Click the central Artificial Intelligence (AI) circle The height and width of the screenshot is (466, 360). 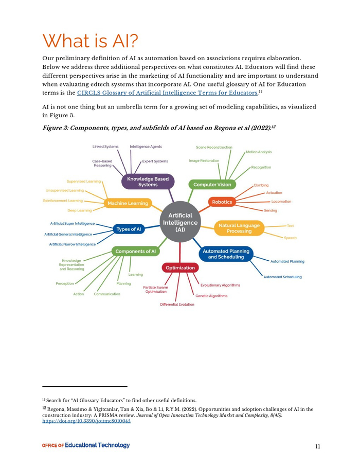point(180,222)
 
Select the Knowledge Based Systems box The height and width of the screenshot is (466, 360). point(148,182)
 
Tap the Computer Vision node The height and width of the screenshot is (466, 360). point(212,184)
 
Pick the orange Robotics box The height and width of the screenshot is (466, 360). point(222,202)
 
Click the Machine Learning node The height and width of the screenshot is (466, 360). point(127,204)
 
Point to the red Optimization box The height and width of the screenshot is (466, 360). point(180,267)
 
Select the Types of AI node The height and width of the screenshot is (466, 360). point(129,229)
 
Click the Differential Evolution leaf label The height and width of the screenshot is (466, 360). point(177,304)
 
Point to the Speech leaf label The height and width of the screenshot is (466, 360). point(290,238)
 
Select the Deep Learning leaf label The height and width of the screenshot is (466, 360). point(79,210)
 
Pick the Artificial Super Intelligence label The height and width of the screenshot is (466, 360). point(72,224)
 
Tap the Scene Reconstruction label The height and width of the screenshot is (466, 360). point(214,147)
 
